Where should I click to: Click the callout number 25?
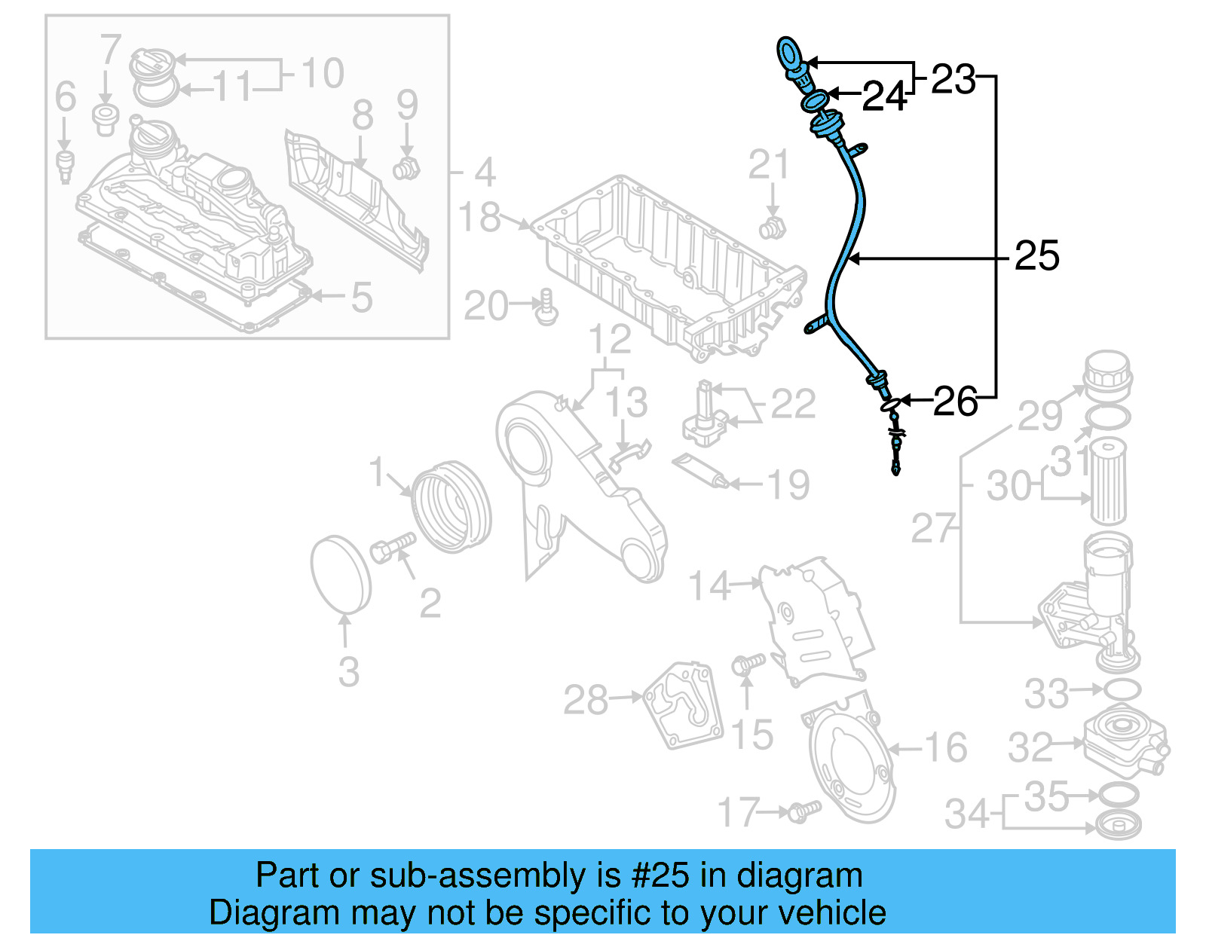[x=1036, y=256]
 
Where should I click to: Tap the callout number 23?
[x=953, y=79]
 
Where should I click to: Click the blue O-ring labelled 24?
[x=814, y=99]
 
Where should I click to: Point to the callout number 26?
[x=955, y=402]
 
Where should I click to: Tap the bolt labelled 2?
[x=392, y=547]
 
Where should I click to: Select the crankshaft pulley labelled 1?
[x=451, y=507]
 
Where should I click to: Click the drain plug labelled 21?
[x=772, y=227]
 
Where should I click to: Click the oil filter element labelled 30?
[x=1108, y=482]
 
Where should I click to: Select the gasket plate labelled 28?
[x=682, y=704]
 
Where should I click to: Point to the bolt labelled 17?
[x=803, y=811]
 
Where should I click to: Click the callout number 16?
[x=945, y=747]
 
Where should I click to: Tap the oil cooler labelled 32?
[x=1125, y=742]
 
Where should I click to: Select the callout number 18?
[x=479, y=217]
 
